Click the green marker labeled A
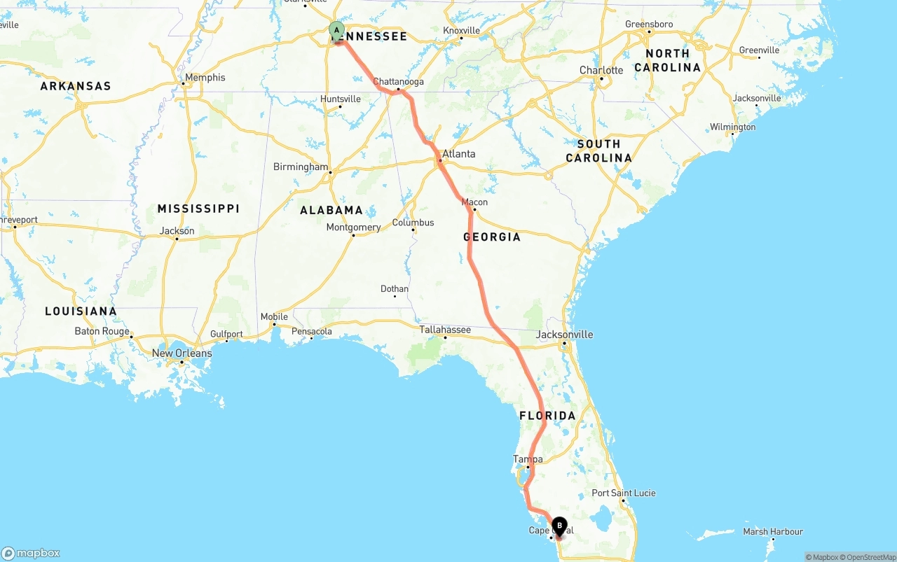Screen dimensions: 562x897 click(337, 31)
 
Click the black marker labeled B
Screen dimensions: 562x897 click(559, 526)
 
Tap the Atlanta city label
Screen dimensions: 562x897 click(459, 154)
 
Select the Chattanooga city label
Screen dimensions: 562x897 click(398, 82)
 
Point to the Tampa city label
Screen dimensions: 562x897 click(528, 459)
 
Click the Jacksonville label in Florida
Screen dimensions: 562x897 click(564, 335)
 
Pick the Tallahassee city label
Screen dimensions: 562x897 click(445, 330)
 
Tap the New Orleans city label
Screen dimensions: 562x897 click(182, 353)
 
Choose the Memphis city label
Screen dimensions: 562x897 click(205, 78)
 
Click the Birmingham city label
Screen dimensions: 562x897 click(300, 167)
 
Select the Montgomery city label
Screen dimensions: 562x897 click(353, 227)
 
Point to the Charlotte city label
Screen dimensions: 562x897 click(601, 70)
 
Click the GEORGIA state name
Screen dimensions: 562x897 click(492, 237)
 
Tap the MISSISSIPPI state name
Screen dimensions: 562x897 click(198, 209)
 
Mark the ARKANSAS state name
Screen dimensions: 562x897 click(76, 86)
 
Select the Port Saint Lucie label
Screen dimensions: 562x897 click(624, 493)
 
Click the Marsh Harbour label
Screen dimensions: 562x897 click(773, 532)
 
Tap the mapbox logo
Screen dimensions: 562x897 click(31, 553)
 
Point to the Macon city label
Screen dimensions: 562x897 click(474, 202)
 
